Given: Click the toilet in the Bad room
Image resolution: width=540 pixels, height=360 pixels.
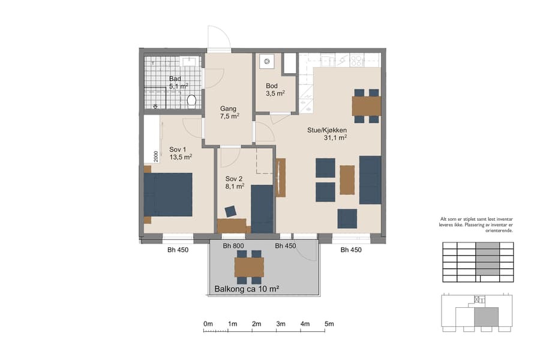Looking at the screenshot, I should point(192,100).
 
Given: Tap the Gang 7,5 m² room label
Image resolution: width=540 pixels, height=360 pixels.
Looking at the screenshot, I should point(230,112).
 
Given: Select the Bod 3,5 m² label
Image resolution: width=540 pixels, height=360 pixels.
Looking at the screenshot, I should point(275,89).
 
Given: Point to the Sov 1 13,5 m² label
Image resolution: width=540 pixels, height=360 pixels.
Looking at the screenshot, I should point(180,152).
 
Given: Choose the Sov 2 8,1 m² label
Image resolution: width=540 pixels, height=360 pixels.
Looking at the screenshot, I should point(235,182).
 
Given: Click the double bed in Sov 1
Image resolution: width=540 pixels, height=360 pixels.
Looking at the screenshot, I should point(168,195).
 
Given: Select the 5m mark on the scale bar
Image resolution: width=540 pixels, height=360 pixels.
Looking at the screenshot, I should point(329,324).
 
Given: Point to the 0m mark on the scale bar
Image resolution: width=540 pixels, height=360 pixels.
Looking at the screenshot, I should point(208,324).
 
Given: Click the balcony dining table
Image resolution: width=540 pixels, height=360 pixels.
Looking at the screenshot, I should point(249,267).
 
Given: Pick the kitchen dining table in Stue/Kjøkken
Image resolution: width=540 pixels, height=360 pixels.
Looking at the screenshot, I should point(366,106).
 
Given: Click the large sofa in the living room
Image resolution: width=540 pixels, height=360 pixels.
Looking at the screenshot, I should point(370,179).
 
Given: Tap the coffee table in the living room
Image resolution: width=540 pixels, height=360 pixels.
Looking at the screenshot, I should point(347,179).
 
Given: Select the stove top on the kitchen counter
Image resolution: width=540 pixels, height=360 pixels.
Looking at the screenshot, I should point(356,60).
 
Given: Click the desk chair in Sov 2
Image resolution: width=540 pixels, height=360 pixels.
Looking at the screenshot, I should point(230,211).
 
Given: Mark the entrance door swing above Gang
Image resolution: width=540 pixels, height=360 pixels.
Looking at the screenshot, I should point(219,39).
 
